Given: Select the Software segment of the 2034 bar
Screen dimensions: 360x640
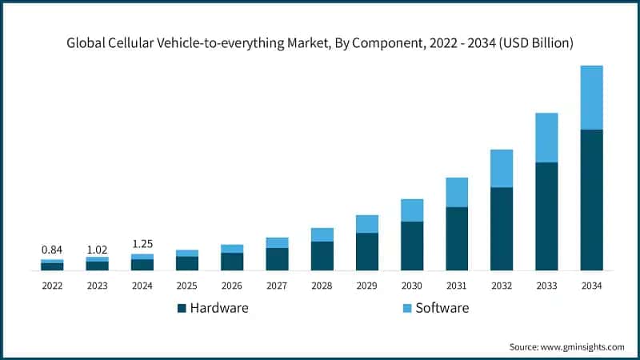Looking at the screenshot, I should (591, 97).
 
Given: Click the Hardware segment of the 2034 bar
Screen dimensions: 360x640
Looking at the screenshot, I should (591, 199).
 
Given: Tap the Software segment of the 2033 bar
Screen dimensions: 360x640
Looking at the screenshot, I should (546, 138).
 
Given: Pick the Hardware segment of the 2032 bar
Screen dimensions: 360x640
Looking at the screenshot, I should (502, 229).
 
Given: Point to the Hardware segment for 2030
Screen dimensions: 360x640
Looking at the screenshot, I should (412, 246).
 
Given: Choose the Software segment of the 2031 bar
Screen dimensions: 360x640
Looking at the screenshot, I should (457, 192).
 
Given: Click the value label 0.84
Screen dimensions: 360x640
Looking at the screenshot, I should (52, 250).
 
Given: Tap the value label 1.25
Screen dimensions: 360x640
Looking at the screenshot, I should (142, 243).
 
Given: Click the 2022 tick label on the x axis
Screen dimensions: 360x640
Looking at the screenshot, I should (52, 286).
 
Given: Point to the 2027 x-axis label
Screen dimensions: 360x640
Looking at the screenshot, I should (277, 286).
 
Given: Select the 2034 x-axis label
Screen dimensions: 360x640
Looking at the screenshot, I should (591, 286).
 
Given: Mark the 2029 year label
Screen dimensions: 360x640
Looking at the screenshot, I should (367, 286).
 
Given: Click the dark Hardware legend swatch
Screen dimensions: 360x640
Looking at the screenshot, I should (181, 308).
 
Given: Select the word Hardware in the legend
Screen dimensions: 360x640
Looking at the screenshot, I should (219, 308).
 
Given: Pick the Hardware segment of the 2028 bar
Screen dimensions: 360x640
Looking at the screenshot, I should (322, 255).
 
